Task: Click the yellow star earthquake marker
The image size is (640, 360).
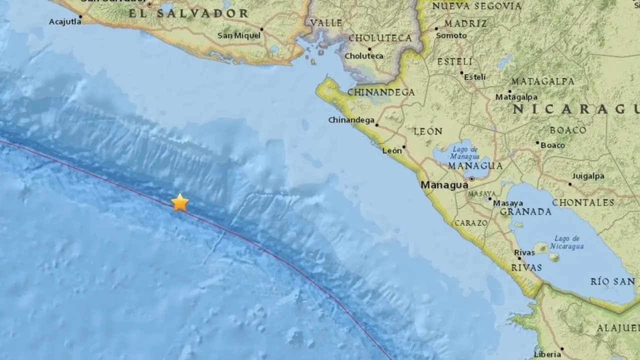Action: (x=179, y=202)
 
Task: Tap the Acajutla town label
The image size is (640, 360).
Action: (x=64, y=21)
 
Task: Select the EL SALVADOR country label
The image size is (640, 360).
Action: (x=188, y=13)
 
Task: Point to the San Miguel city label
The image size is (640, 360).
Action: (x=239, y=35)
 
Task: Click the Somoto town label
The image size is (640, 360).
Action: (x=451, y=35)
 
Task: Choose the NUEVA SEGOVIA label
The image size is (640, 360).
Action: (x=476, y=6)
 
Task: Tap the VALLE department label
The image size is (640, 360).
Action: (x=326, y=22)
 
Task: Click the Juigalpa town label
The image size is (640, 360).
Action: (x=588, y=176)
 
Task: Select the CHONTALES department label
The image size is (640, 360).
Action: (x=583, y=202)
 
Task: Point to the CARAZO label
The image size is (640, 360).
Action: (x=469, y=223)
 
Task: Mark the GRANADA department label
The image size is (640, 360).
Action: (x=525, y=212)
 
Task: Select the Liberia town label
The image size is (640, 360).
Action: (x=547, y=354)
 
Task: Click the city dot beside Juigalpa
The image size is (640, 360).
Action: (x=570, y=184)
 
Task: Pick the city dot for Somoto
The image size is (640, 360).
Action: (x=436, y=29)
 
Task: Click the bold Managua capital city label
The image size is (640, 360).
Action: (x=444, y=185)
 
